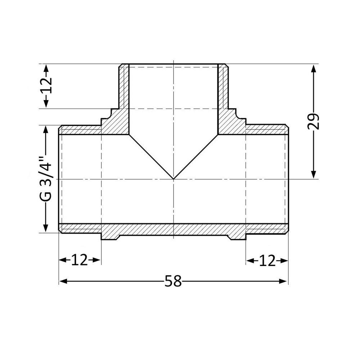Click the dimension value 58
(173, 281)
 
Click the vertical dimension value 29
(314, 122)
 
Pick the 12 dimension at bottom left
(79, 260)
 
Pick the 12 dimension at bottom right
(267, 260)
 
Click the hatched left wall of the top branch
(124, 86)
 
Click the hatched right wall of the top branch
(223, 86)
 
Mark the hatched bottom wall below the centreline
(174, 229)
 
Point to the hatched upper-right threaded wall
(266, 130)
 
